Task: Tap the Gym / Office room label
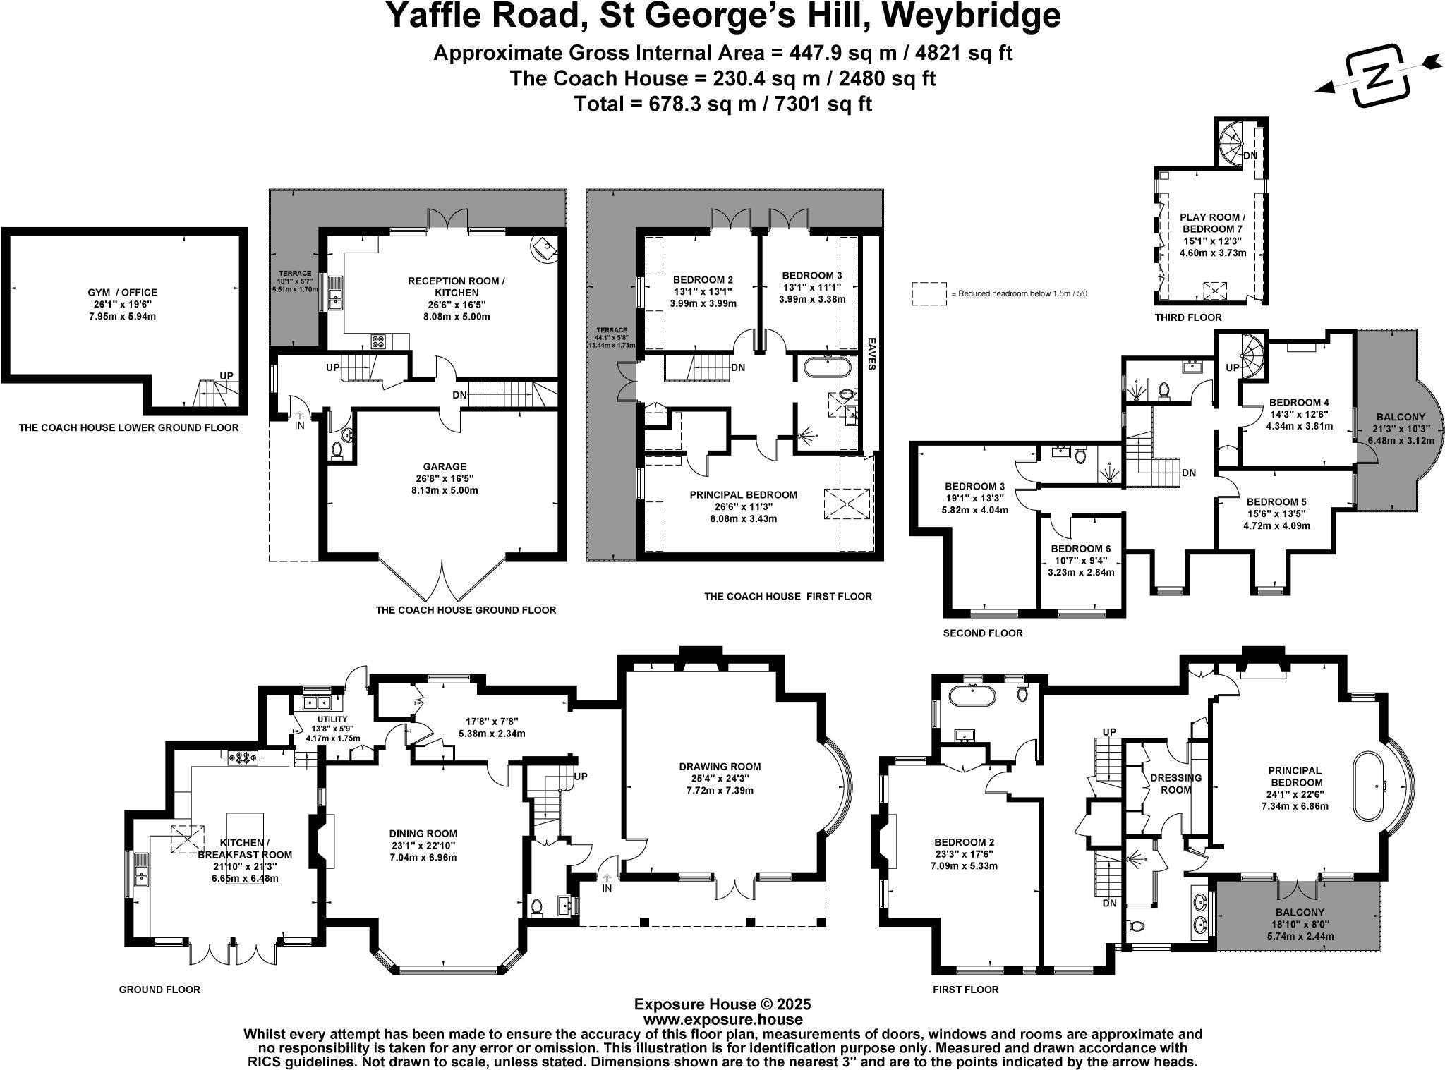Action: pos(122,293)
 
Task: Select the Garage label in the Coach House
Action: pos(445,466)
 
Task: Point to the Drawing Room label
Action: pos(720,767)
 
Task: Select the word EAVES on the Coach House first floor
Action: pos(871,353)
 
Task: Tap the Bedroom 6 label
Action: pos(1075,549)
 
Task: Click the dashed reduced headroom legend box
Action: pos(929,293)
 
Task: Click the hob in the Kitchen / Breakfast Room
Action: pos(243,759)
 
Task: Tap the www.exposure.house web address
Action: pos(722,1019)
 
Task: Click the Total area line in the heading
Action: pos(722,104)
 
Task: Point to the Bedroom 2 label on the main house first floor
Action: pos(964,842)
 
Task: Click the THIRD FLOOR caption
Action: pos(1188,317)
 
